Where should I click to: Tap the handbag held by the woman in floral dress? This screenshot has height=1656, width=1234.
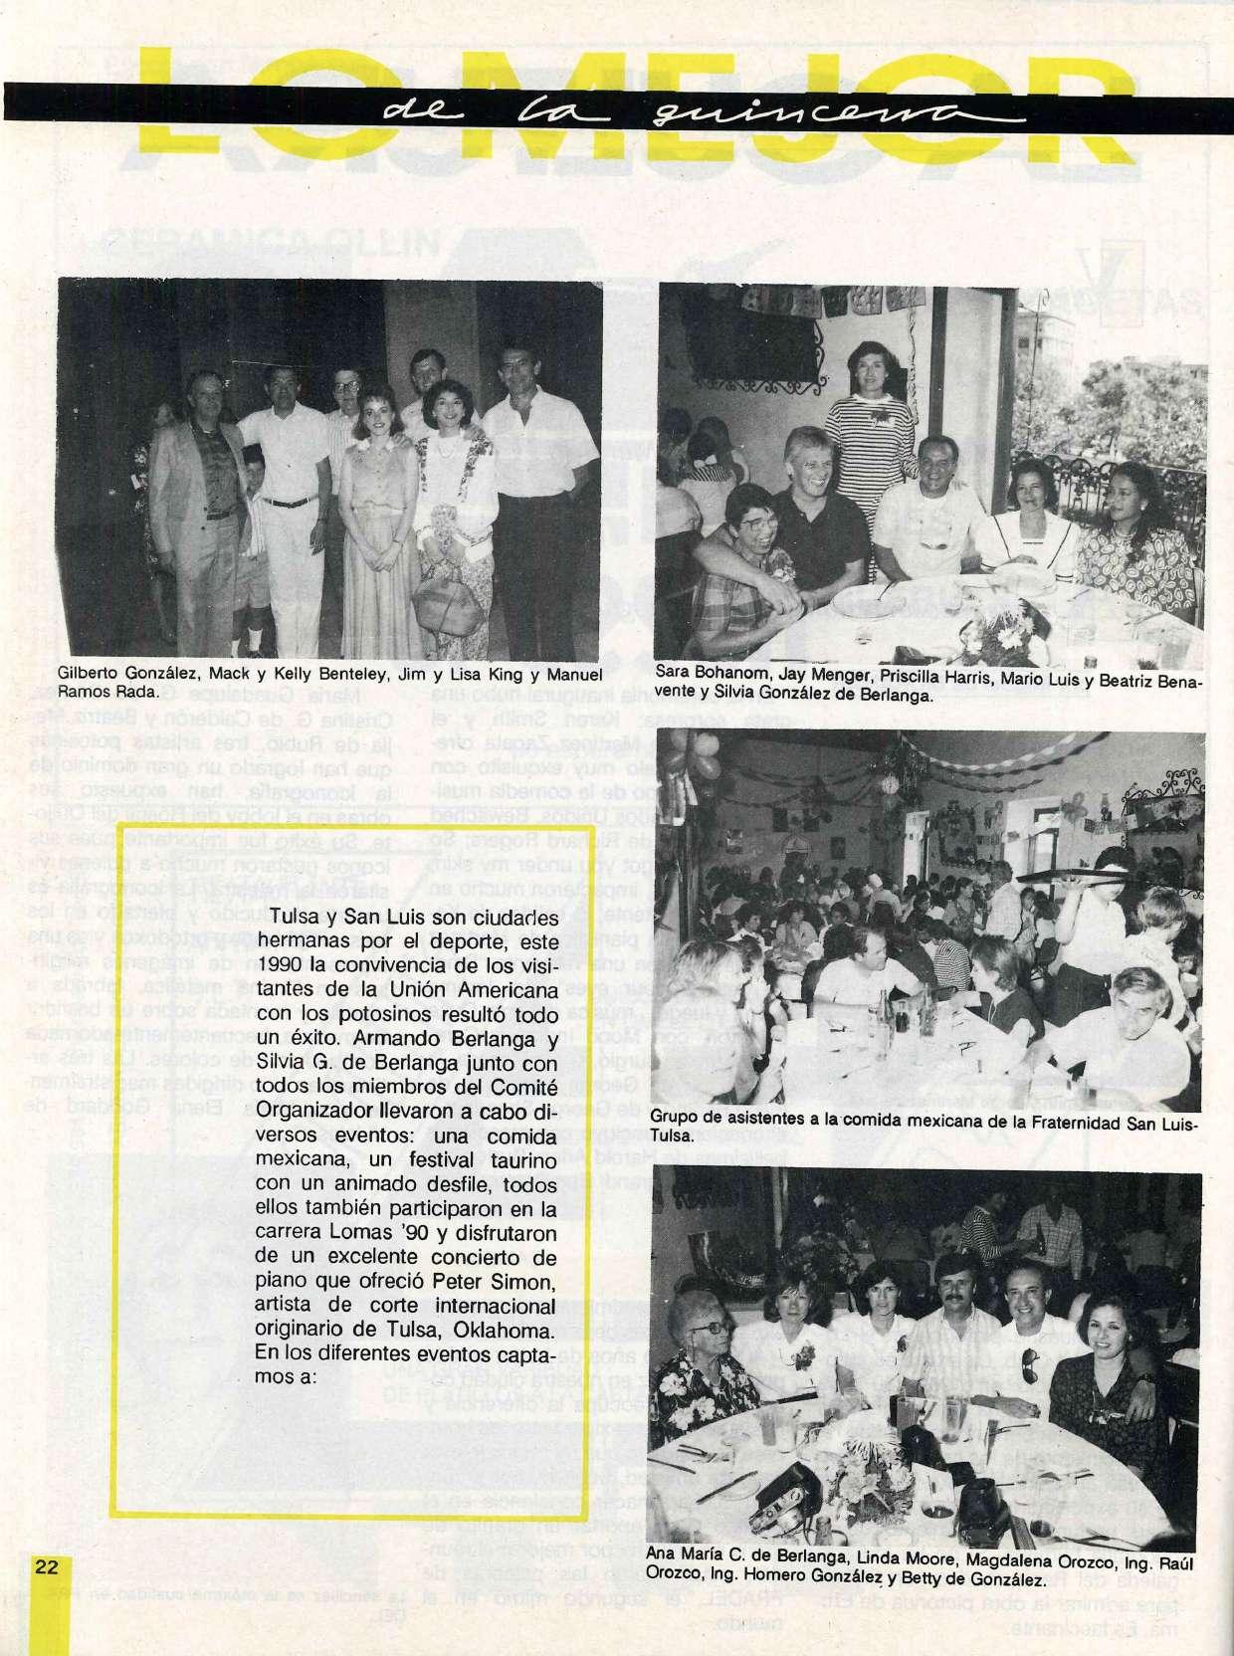click(445, 597)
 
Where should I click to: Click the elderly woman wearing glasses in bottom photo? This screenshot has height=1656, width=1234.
click(700, 1334)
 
